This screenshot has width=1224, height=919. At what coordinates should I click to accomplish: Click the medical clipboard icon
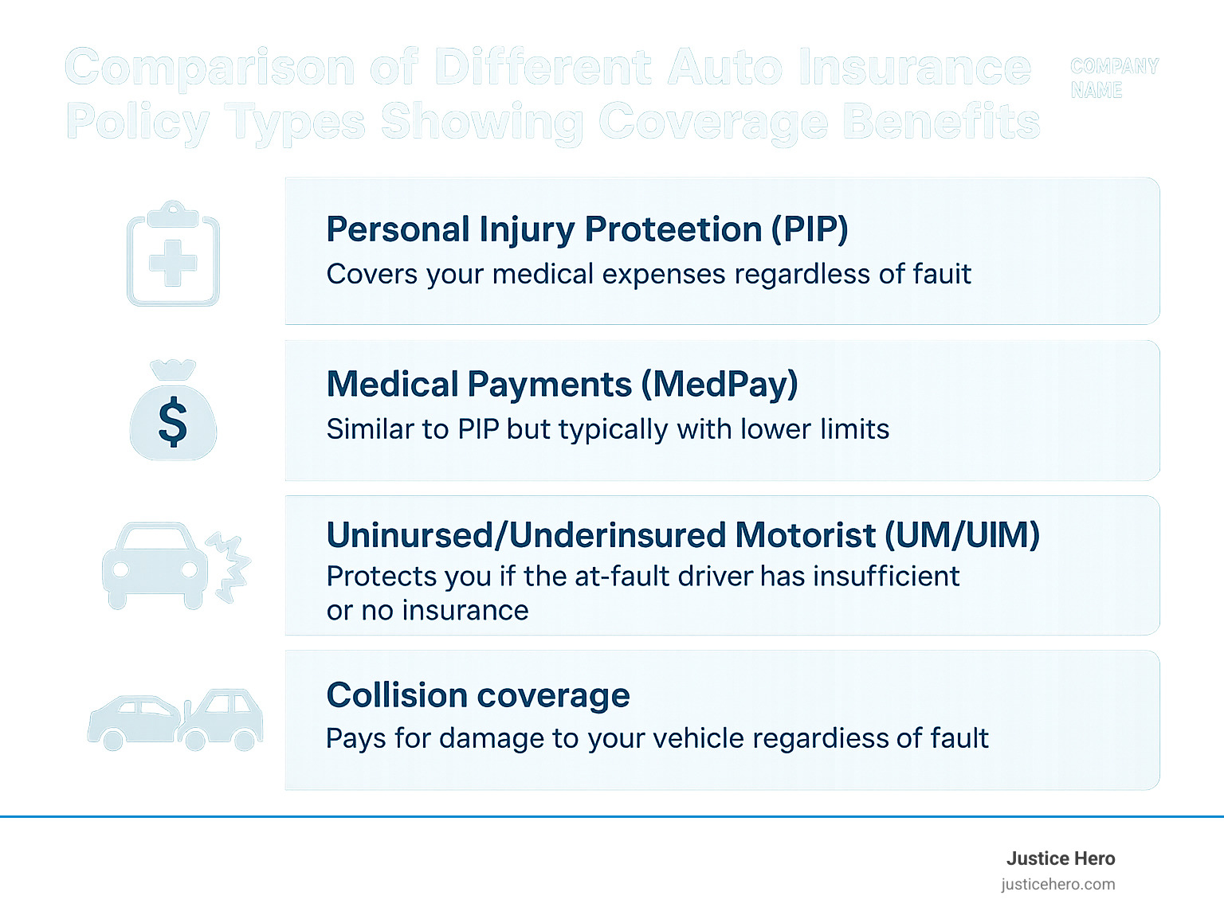coord(173,255)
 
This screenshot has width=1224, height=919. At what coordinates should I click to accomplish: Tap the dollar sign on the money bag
coord(173,422)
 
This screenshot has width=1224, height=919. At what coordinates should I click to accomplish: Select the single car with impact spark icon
coord(175,565)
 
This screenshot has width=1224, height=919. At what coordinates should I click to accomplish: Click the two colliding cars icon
coord(175,720)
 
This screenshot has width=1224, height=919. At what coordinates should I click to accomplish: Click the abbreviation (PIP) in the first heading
coord(808,229)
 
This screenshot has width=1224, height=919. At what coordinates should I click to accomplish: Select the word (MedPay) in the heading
coord(720,385)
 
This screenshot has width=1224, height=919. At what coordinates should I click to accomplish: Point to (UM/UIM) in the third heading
coord(963,535)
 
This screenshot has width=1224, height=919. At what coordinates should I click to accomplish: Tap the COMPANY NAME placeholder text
coord(1114,78)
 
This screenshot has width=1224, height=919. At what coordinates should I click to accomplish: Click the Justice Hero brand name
coord(1060,858)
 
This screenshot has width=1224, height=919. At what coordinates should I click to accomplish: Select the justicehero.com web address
coord(1058,884)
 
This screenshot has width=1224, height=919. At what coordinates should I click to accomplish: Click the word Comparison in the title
coord(210,68)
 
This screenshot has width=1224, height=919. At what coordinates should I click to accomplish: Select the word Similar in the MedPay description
coord(371,429)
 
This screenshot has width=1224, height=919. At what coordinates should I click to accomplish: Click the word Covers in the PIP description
coord(371,274)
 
